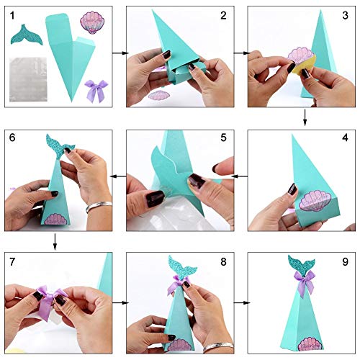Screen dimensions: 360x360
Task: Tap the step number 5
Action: tap(222, 137)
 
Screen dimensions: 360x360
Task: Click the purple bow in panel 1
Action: tap(94, 91)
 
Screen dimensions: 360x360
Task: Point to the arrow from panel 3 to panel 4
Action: tap(305, 116)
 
